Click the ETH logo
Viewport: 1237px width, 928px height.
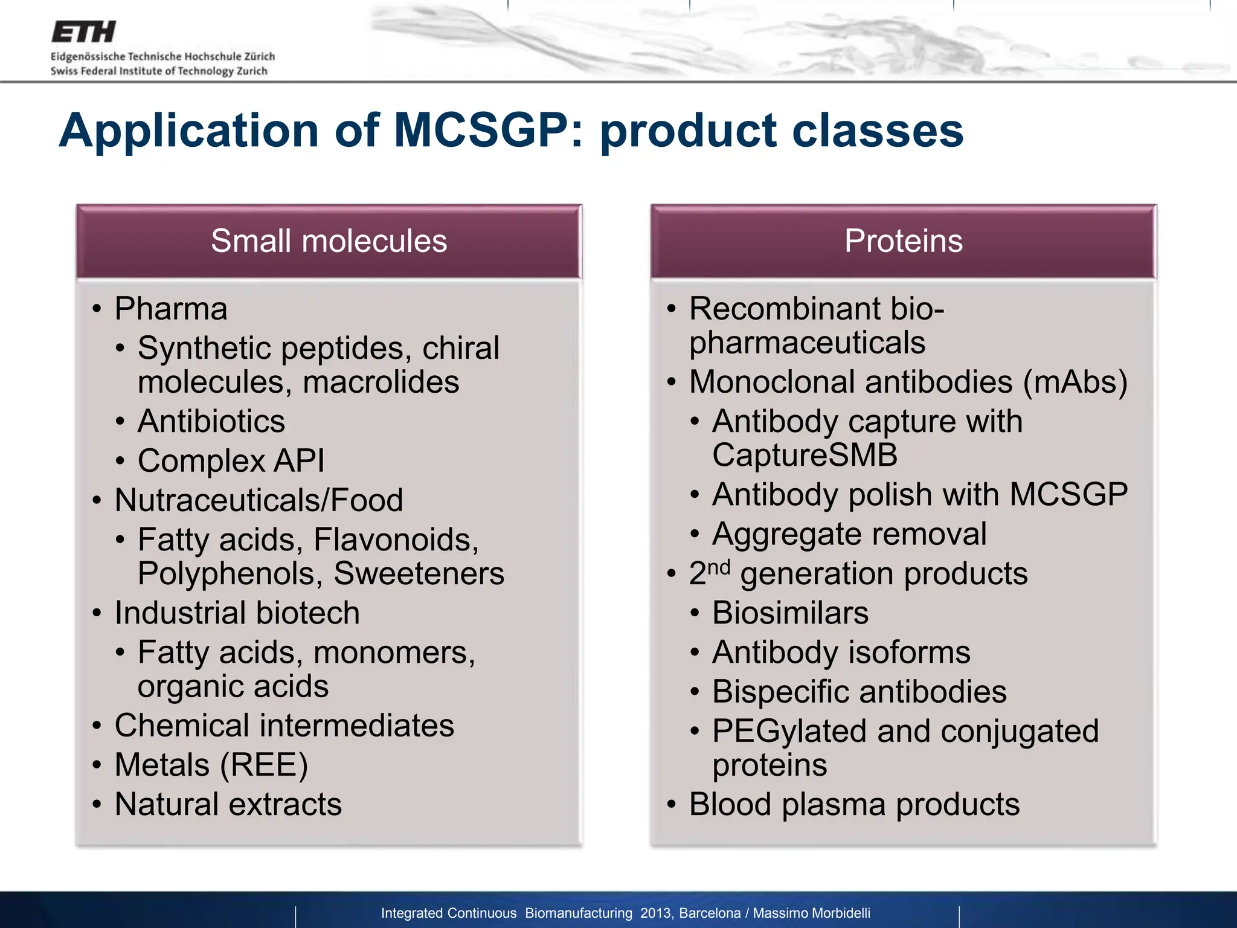[83, 32]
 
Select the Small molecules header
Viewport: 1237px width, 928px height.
[329, 241]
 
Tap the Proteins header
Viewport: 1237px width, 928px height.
[903, 241]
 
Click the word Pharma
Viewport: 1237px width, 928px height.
[171, 309]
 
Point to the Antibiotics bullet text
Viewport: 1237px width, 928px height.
[211, 421]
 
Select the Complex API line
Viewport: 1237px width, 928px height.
[231, 461]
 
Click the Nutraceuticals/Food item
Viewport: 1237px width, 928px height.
[259, 500]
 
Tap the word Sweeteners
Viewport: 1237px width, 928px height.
[419, 573]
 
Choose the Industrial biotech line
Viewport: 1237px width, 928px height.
[237, 613]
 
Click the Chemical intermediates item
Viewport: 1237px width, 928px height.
[284, 725]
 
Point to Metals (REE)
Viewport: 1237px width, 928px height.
[211, 765]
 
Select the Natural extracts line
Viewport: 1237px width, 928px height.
[228, 805]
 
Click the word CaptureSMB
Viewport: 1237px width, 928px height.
[805, 455]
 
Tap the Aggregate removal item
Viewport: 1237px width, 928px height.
[849, 534]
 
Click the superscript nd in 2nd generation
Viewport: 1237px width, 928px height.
[719, 567]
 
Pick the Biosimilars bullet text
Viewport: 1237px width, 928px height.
[790, 613]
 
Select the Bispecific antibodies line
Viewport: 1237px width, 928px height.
[859, 692]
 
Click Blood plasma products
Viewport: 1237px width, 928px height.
[854, 805]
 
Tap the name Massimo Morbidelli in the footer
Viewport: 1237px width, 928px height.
[811, 913]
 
